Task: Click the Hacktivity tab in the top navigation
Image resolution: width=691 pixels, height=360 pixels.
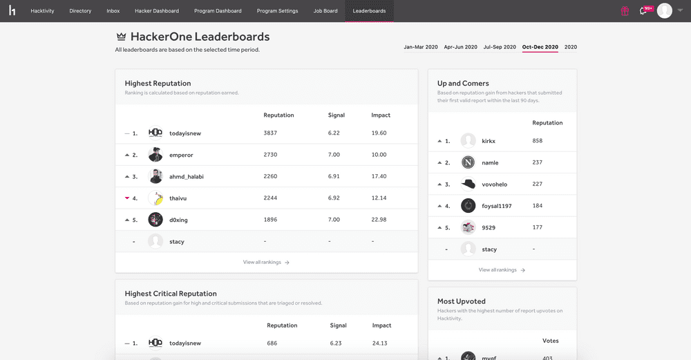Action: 42,11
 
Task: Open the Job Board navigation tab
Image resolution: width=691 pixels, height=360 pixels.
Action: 325,11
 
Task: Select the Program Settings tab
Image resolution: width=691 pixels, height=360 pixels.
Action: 277,11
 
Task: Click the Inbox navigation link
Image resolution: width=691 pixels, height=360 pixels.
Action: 113,11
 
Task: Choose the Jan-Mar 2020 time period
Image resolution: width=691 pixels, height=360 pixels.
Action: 421,47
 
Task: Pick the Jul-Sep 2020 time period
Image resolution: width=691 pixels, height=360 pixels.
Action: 500,47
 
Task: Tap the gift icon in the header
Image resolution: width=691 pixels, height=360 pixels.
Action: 625,11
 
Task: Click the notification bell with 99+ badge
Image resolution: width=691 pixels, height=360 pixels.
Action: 644,11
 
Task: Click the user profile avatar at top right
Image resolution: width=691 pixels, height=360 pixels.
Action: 664,11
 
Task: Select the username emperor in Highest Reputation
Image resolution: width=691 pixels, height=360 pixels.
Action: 181,155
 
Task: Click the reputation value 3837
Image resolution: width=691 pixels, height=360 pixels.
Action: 270,133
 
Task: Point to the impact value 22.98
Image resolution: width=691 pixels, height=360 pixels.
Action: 379,220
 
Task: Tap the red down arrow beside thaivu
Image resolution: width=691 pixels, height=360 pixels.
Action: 127,198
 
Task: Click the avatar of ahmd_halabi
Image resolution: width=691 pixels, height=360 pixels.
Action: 155,176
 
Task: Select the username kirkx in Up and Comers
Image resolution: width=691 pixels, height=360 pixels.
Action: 489,141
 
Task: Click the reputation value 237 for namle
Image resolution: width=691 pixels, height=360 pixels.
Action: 538,162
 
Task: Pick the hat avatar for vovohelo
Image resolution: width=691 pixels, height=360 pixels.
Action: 468,184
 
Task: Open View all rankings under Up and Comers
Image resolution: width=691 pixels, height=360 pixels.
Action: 502,270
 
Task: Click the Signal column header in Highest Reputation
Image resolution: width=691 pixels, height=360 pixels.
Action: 336,115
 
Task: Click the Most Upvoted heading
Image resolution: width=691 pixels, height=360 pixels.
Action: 461,301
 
